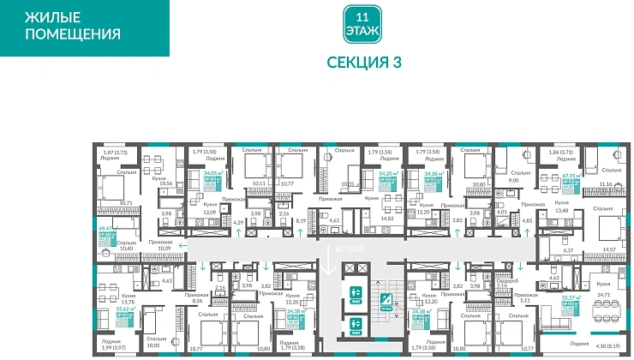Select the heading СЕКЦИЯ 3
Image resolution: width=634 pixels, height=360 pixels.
click(364, 62)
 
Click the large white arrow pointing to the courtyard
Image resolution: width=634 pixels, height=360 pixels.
click(331, 261)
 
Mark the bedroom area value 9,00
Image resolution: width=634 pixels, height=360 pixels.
click(513, 181)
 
